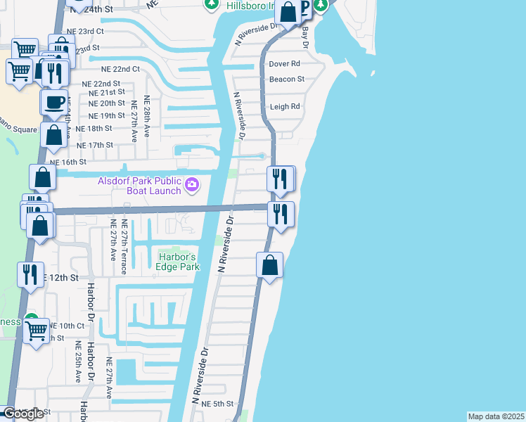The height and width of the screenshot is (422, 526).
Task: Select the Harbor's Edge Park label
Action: point(179,261)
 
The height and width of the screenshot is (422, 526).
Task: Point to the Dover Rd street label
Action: point(285,64)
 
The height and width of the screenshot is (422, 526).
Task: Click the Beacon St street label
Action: point(287,79)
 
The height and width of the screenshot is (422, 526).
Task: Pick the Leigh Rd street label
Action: point(285,107)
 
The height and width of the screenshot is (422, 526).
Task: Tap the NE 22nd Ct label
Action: point(121,70)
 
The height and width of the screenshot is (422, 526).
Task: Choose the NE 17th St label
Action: point(94,146)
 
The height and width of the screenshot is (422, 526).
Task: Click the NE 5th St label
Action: point(217,404)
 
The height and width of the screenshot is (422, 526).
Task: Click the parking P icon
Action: point(304,8)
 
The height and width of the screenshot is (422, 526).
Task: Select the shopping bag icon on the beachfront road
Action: point(269,267)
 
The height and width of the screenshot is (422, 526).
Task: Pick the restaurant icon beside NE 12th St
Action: point(30,274)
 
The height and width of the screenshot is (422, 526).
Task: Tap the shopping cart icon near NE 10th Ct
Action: point(35,328)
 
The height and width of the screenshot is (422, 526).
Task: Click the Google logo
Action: point(23,414)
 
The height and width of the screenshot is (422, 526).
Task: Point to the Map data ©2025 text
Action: point(496,416)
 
